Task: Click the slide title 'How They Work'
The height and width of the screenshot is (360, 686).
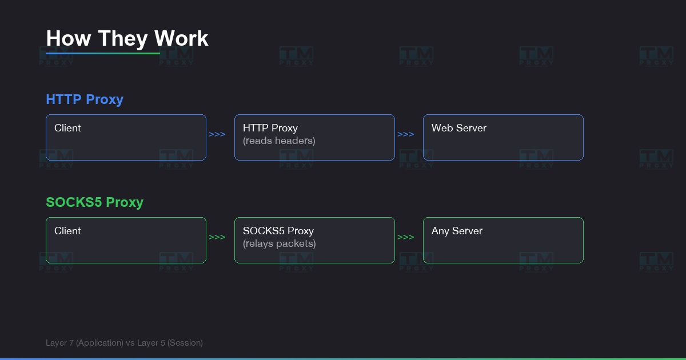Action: coord(127,38)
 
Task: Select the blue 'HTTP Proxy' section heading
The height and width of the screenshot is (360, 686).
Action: coord(85,99)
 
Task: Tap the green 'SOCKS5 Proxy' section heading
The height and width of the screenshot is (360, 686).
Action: coord(94,202)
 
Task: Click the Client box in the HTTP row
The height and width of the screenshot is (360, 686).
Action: coord(126,137)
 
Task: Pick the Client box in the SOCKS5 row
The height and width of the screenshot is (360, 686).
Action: coord(126,240)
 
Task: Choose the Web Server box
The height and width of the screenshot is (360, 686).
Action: coord(503,137)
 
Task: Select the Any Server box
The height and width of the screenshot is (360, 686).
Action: coord(503,240)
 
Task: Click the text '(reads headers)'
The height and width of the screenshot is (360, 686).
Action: coord(279,141)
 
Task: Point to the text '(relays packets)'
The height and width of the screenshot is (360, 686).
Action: coord(280,243)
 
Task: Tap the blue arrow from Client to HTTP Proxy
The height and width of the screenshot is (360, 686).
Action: coord(217,134)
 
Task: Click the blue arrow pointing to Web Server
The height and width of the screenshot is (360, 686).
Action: coord(406,134)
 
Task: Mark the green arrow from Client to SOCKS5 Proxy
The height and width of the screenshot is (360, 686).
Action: coord(217,237)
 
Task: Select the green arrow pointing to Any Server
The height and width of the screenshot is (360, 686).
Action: coord(406,237)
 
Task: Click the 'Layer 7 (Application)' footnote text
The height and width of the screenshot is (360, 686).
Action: coord(85,343)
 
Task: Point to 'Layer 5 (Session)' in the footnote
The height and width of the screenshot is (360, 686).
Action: coord(170,343)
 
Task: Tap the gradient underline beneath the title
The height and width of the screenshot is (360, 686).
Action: coord(103,54)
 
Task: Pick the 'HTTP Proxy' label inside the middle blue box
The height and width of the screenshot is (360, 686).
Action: coord(270,128)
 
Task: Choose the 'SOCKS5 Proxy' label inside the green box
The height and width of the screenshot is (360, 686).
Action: coord(278,231)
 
